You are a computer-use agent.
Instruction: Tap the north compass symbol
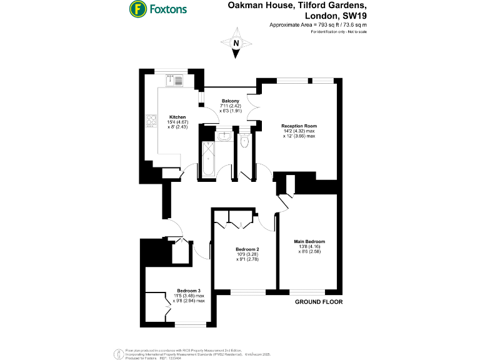coord(236,44)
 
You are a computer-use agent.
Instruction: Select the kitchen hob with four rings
coord(151,121)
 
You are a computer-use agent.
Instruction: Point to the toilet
coord(244,142)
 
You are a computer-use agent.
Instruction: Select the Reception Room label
coord(298,126)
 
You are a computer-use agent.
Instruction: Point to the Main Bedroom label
coord(309,241)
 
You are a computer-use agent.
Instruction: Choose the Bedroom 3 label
coord(189,291)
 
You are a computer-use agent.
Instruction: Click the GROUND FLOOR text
coord(318,302)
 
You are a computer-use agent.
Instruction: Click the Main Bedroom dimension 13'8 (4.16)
coord(309,247)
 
